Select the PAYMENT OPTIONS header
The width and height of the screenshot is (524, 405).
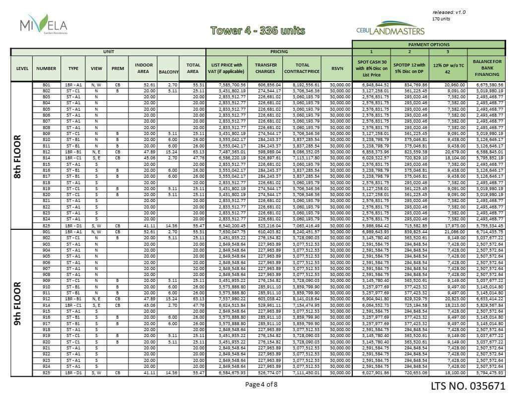point(429,45)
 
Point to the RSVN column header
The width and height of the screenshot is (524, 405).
point(337,68)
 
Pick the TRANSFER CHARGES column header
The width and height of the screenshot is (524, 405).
point(265,68)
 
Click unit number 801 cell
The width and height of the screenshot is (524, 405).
point(46,85)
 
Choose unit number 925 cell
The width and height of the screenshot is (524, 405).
point(46,372)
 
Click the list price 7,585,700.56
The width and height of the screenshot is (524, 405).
point(226,85)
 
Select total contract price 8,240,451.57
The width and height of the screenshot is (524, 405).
point(302,231)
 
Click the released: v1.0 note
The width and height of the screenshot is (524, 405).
point(449,12)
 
